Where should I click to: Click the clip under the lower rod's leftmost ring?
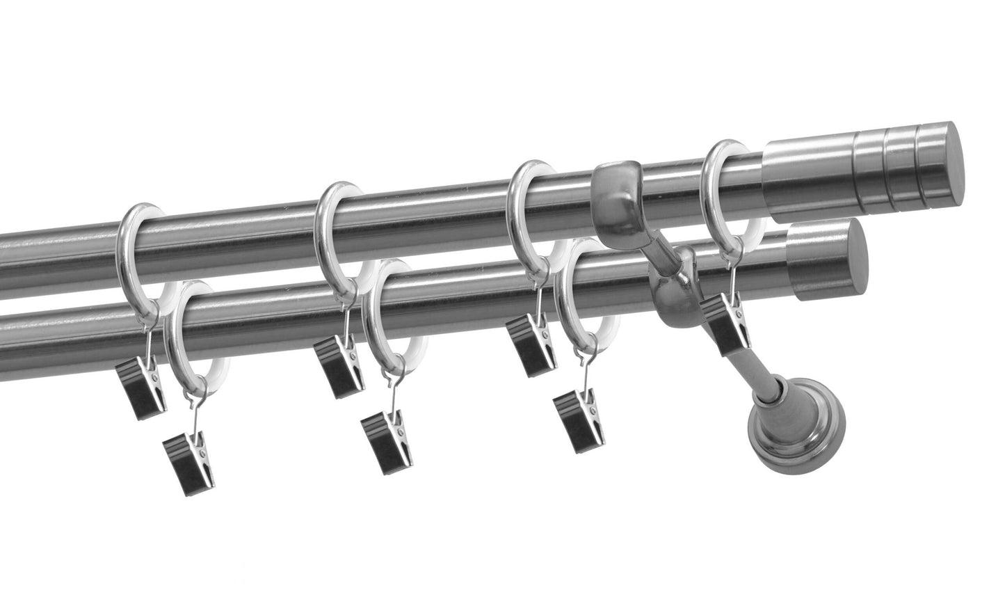tap(188, 460)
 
